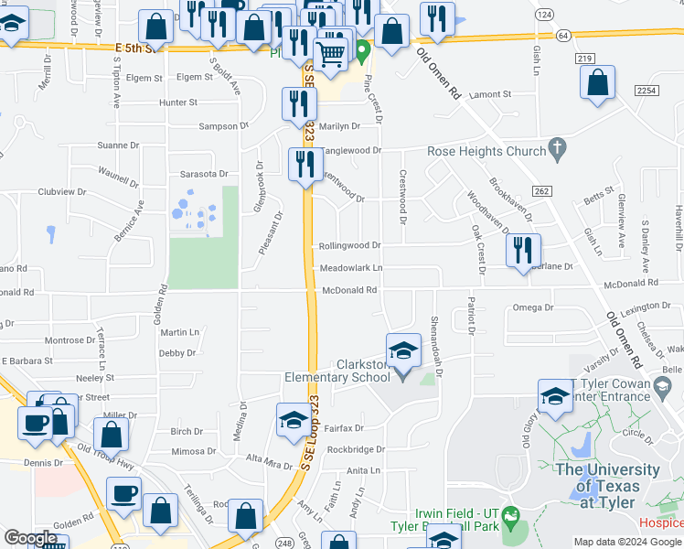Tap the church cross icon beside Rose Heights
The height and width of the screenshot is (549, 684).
click(x=557, y=148)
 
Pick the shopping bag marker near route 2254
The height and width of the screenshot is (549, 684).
click(x=597, y=82)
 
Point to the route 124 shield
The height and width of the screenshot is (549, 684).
click(x=545, y=16)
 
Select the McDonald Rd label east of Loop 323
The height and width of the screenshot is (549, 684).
click(x=349, y=290)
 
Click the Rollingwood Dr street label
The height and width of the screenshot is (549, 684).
click(x=349, y=245)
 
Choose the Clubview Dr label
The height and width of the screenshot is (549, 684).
click(x=62, y=192)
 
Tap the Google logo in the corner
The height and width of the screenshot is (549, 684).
click(x=30, y=538)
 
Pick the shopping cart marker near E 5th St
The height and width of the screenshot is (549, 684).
click(x=330, y=54)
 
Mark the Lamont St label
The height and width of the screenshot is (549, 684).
click(x=489, y=94)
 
